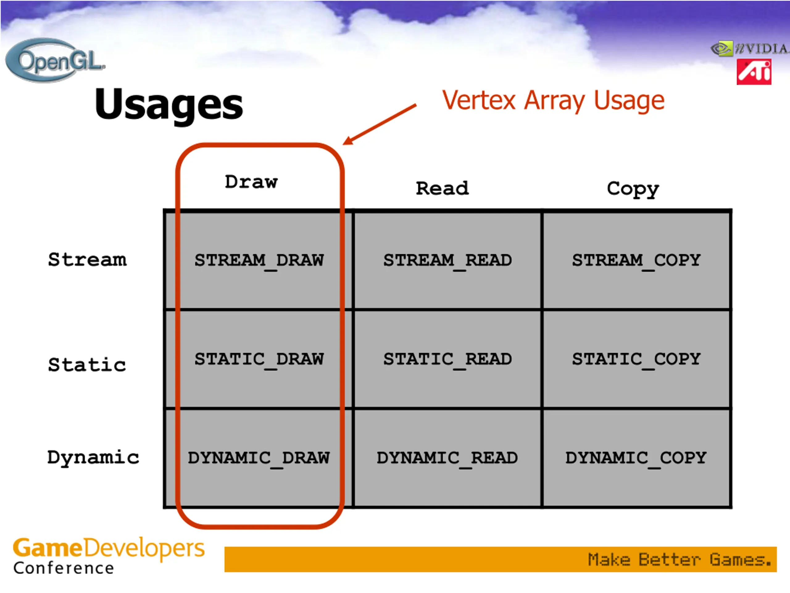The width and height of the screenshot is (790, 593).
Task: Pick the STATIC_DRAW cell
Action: pyautogui.click(x=259, y=359)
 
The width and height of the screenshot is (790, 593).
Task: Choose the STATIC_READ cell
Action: pyautogui.click(x=447, y=359)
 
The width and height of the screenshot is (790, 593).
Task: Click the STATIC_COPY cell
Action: pyautogui.click(x=636, y=359)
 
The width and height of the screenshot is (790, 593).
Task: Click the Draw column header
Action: pyautogui.click(x=251, y=182)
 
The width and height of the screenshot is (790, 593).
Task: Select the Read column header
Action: pyautogui.click(x=442, y=188)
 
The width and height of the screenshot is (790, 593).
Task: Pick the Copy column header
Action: pyautogui.click(x=633, y=189)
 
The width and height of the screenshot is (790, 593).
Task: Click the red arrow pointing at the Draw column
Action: pyautogui.click(x=379, y=124)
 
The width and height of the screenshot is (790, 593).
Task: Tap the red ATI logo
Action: pyautogui.click(x=754, y=72)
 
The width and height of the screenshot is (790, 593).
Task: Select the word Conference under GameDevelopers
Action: pyautogui.click(x=64, y=568)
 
